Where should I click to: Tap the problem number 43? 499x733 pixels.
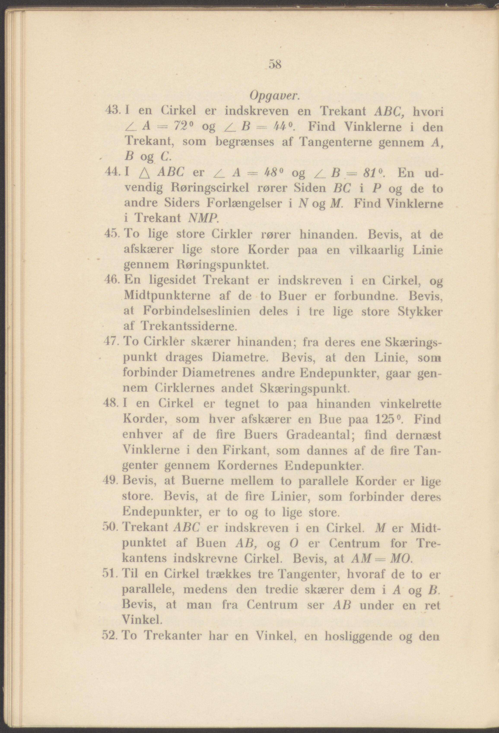[x=112, y=111]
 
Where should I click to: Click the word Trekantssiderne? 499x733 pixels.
[x=188, y=326]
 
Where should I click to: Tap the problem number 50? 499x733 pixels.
[x=110, y=528]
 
